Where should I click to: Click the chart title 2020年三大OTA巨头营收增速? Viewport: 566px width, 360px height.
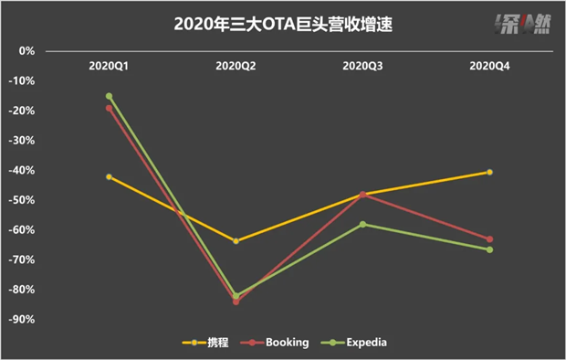(283, 25)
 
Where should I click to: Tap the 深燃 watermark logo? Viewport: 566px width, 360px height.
(522, 25)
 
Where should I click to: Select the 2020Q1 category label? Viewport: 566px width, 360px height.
(109, 66)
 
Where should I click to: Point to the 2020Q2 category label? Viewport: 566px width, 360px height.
(236, 66)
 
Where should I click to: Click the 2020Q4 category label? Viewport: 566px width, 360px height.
(489, 66)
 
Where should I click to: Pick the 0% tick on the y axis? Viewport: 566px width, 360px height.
(26, 51)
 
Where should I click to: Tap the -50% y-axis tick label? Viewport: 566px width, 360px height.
(22, 200)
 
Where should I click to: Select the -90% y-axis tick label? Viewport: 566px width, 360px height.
(22, 319)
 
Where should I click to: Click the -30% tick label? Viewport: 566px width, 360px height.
(22, 140)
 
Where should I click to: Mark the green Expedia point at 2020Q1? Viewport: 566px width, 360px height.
(109, 96)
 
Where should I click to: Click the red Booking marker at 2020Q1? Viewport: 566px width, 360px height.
(109, 108)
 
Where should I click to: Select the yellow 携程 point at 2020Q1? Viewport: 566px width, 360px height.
(109, 176)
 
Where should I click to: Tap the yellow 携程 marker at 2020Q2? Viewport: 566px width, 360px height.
(236, 241)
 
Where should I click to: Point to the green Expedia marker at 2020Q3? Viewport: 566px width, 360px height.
(362, 225)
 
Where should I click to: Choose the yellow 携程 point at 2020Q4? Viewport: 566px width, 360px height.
(489, 172)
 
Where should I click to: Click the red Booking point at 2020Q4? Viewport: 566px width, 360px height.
(489, 239)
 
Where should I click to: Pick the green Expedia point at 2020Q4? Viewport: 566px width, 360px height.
(489, 249)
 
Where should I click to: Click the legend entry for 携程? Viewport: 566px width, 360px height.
(205, 343)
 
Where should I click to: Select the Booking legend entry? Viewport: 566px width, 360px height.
(275, 343)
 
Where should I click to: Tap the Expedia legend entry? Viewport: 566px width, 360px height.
(354, 343)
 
